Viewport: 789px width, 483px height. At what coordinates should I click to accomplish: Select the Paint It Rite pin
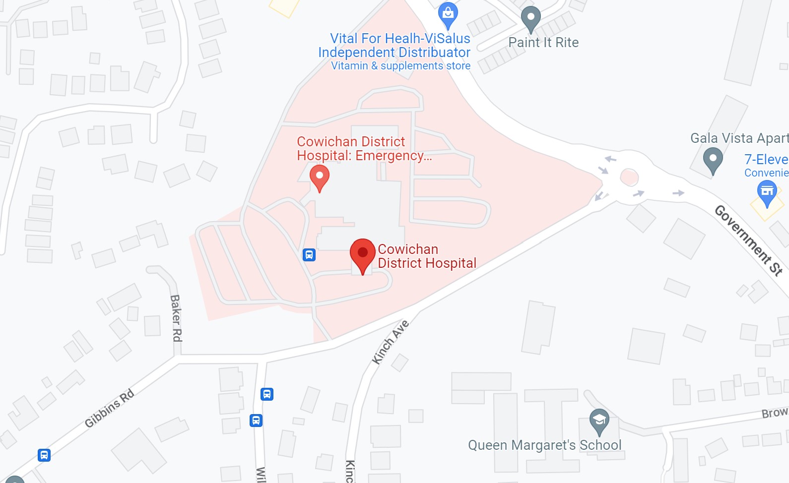pyautogui.click(x=530, y=18)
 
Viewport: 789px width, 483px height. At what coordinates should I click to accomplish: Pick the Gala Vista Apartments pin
pyautogui.click(x=713, y=160)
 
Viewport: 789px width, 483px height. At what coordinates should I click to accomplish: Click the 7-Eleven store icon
pyautogui.click(x=767, y=191)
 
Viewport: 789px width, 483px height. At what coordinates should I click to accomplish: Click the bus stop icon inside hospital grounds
pyautogui.click(x=309, y=255)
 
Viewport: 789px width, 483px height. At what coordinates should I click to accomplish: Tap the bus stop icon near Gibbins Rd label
pyautogui.click(x=44, y=455)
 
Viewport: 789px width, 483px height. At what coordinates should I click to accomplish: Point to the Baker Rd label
pyautogui.click(x=176, y=318)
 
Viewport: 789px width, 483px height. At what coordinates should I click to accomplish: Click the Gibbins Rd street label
pyautogui.click(x=109, y=408)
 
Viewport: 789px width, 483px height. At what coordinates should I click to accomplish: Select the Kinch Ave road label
pyautogui.click(x=391, y=342)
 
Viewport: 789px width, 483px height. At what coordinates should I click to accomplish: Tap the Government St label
pyautogui.click(x=748, y=240)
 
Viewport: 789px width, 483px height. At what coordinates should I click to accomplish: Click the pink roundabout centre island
pyautogui.click(x=629, y=177)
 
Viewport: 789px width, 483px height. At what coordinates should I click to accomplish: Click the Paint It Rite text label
pyautogui.click(x=543, y=43)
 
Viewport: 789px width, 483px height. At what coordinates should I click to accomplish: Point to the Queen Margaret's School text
pyautogui.click(x=544, y=445)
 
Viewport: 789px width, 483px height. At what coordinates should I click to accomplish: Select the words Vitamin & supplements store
pyautogui.click(x=400, y=66)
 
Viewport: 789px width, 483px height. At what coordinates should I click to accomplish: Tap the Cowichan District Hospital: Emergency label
pyautogui.click(x=364, y=149)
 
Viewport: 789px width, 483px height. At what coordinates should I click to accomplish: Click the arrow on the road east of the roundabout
pyautogui.click(x=678, y=193)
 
